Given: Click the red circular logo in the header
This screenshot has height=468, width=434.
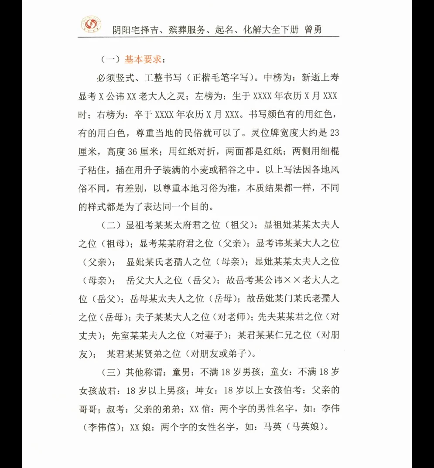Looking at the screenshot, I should [x=91, y=25].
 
